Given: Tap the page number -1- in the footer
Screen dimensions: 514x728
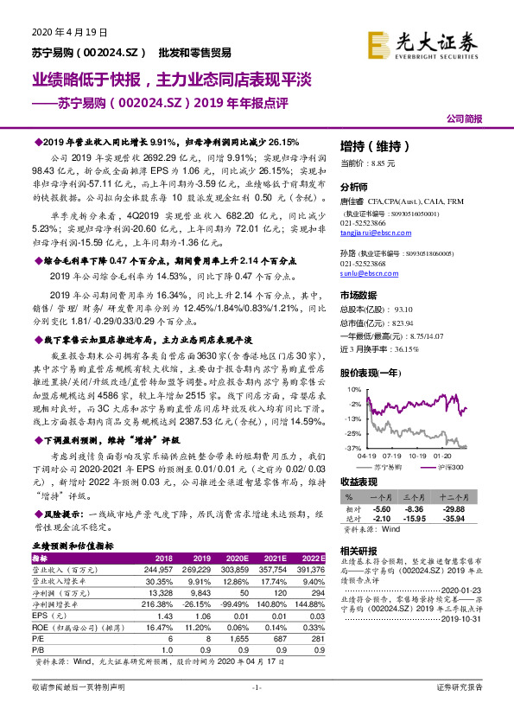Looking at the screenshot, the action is pyautogui.click(x=256, y=687).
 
